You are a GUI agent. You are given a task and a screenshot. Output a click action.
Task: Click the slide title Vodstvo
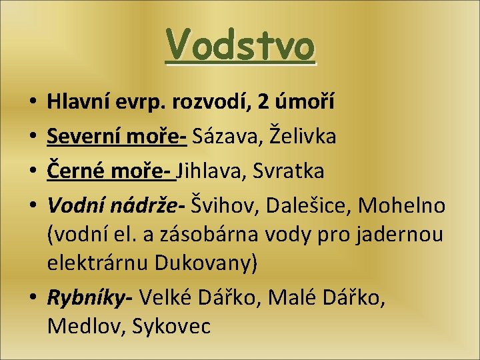click(x=240, y=45)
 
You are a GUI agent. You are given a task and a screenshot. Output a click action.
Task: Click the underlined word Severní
click(x=84, y=137)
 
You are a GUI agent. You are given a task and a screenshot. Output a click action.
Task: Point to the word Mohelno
click(x=401, y=206)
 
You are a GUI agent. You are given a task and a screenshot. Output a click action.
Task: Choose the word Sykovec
click(x=171, y=327)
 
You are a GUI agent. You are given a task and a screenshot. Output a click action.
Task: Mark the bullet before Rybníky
click(x=35, y=299)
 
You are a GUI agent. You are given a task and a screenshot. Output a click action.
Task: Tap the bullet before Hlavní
click(x=35, y=103)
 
